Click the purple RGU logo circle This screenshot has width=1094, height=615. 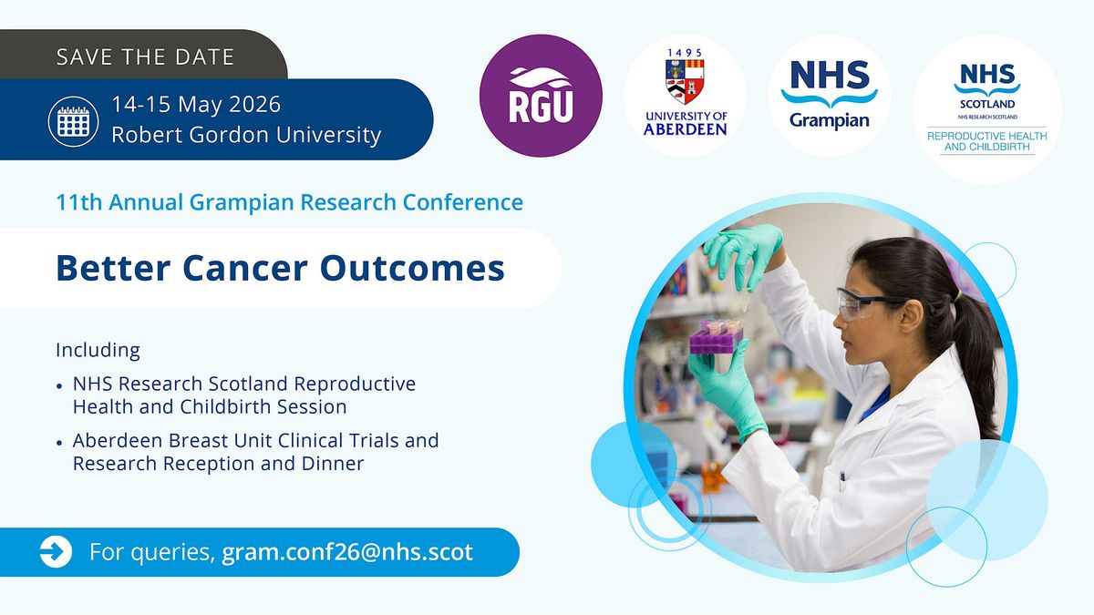click(541, 96)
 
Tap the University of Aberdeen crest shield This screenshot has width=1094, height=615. click(685, 81)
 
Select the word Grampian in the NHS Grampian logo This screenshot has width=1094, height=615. click(830, 120)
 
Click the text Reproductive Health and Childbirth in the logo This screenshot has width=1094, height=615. click(987, 141)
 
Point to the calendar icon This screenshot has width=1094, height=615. click(73, 121)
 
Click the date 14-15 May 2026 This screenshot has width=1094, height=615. click(196, 105)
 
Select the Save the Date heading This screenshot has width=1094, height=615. click(146, 57)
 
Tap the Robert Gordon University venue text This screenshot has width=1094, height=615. click(246, 135)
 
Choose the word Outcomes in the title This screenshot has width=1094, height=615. click(412, 268)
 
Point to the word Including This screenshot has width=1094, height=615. click(98, 351)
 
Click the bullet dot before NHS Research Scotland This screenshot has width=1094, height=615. click(59, 385)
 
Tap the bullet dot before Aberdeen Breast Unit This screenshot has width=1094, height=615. click(59, 442)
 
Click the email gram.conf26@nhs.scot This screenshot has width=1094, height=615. click(347, 552)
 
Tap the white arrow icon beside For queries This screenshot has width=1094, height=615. click(56, 552)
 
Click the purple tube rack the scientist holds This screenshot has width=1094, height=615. click(717, 336)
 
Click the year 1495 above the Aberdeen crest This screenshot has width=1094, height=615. click(685, 53)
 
